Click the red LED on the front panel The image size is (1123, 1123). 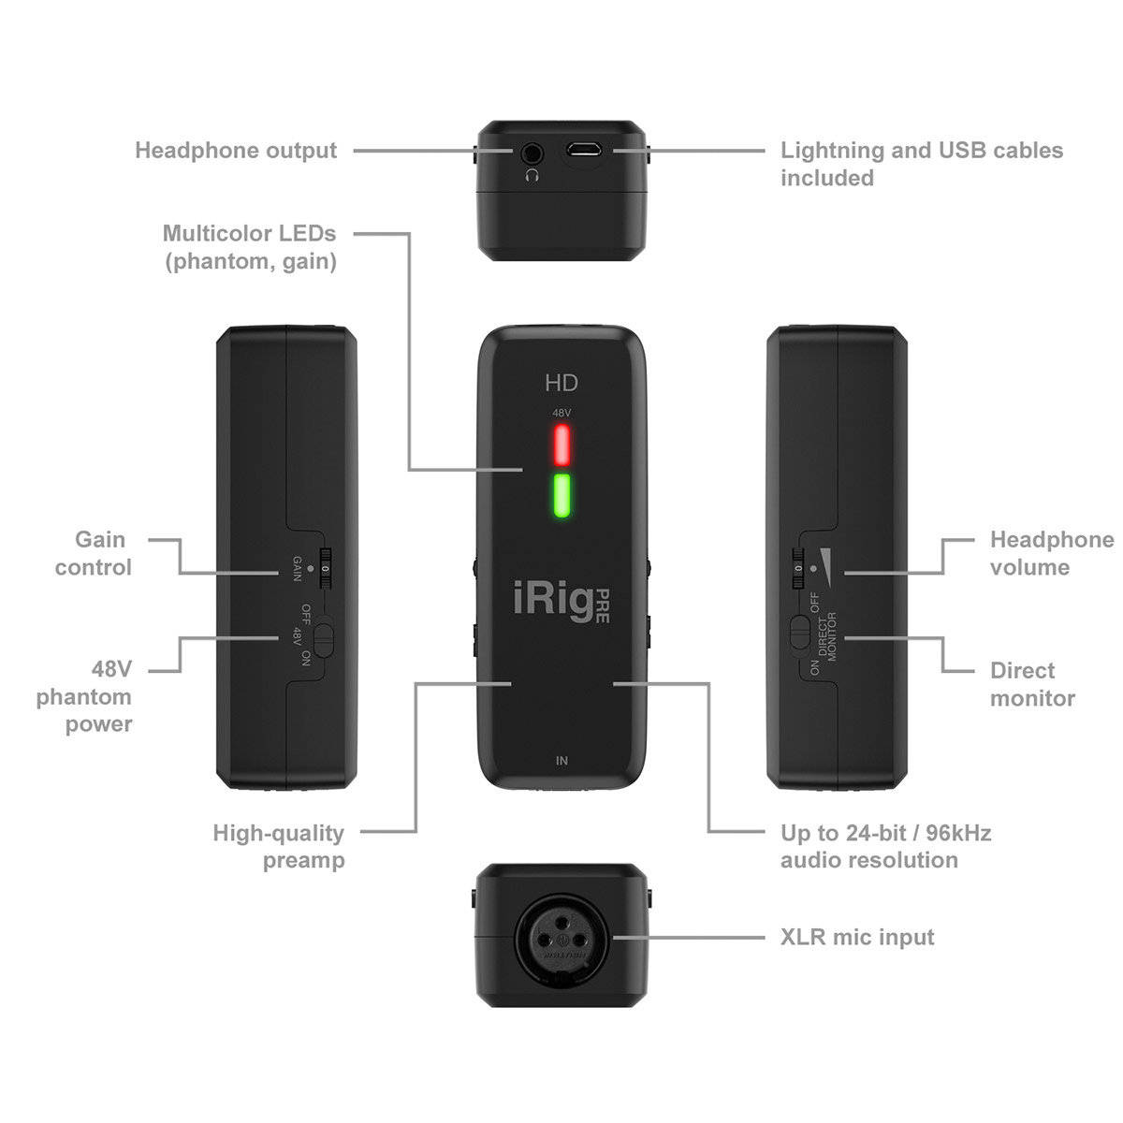[x=561, y=445]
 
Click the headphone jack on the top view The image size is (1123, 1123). [x=533, y=151]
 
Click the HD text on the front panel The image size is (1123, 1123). [x=561, y=383]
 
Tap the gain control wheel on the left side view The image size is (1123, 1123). [x=325, y=568]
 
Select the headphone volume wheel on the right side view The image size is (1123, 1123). [x=798, y=568]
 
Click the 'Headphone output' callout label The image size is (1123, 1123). [x=236, y=151]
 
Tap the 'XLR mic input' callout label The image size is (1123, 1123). [x=857, y=937]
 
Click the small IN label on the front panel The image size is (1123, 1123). [x=561, y=761]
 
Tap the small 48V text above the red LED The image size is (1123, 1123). [x=561, y=413]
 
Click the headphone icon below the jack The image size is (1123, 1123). [x=533, y=175]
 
